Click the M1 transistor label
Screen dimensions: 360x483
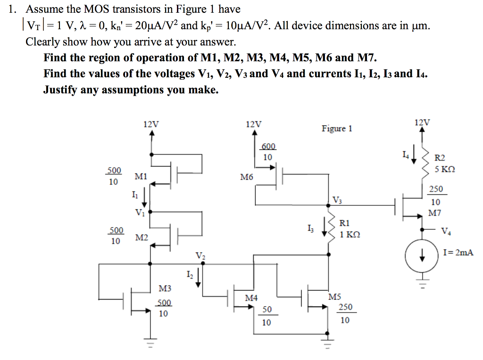pos(141,177)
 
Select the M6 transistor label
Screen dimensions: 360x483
pos(246,178)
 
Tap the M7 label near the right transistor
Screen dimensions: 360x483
pos(434,213)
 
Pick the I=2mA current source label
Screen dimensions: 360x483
pos(458,253)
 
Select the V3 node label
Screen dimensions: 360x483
pos(337,200)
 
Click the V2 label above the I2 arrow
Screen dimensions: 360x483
pos(200,256)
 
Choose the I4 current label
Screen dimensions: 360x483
pos(405,154)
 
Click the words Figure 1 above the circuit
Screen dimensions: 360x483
pos(337,129)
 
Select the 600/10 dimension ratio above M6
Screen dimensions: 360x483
pos(267,152)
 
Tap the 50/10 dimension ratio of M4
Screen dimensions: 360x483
pos(267,316)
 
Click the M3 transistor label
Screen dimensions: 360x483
pos(165,288)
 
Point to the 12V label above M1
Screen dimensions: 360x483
pos(151,124)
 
